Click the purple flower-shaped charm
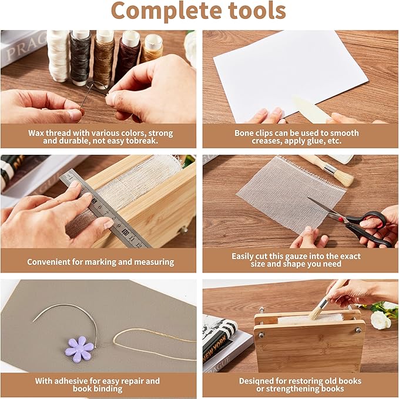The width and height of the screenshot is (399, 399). click(79, 348)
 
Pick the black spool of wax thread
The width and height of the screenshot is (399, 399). click(80, 56)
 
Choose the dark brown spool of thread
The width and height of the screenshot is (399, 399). click(128, 56)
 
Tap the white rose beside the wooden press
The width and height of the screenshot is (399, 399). click(380, 320)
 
